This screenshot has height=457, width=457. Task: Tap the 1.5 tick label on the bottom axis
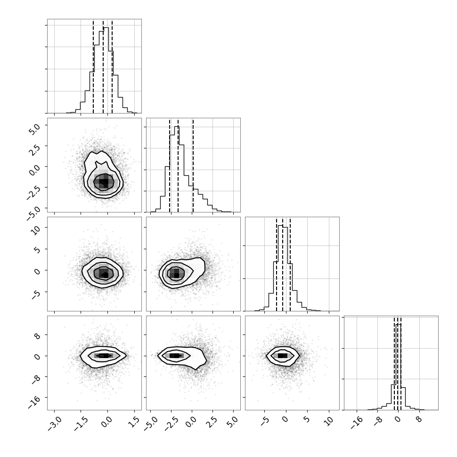(135, 422)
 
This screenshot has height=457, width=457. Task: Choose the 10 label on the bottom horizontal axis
(329, 421)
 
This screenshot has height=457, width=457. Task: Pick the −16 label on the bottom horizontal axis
(356, 423)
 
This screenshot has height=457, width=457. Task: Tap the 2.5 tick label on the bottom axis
(213, 422)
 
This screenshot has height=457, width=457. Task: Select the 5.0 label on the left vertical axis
(34, 129)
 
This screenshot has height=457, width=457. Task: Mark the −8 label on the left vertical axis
(35, 379)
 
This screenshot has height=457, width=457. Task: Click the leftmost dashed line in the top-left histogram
(93, 66)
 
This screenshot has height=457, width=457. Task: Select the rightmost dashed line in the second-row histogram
(193, 165)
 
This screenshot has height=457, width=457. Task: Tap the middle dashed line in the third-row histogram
(282, 264)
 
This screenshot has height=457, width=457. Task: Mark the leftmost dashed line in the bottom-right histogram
(394, 363)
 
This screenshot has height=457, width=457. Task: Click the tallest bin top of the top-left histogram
(106, 28)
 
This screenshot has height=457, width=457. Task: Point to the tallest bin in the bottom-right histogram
(399, 367)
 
